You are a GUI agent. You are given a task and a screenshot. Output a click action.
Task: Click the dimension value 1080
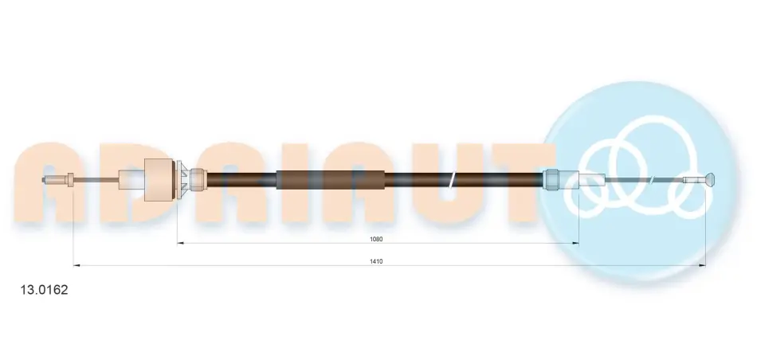[376, 239]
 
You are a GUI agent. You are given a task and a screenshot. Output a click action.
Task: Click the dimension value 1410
[376, 261]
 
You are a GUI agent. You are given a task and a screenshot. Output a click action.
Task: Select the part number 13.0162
[44, 290]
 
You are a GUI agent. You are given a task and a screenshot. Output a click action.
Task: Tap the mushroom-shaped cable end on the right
[710, 181]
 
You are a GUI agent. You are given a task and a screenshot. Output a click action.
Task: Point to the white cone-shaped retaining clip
[182, 179]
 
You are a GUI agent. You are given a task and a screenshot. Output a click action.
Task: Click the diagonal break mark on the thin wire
[652, 181]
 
